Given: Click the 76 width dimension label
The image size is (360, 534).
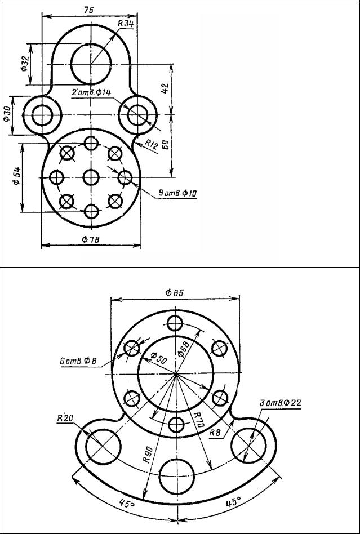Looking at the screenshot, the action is click(88, 10).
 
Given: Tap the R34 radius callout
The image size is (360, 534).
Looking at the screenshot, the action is click(126, 24).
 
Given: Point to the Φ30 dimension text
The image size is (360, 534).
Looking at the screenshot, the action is click(6, 114).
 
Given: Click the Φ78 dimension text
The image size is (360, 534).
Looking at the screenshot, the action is click(91, 239).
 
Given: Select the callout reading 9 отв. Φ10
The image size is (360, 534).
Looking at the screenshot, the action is click(177, 194).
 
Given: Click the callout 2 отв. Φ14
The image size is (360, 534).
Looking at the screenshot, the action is click(91, 93).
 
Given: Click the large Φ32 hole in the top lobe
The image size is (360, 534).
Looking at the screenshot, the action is click(91, 64).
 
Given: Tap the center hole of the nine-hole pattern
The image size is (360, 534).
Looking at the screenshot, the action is click(91, 177).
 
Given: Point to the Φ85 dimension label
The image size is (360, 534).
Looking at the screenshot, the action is click(174, 292).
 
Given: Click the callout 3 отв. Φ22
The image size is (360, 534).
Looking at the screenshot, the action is click(281, 403).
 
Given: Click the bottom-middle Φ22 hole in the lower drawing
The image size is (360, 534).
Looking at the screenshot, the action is click(177, 476).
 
